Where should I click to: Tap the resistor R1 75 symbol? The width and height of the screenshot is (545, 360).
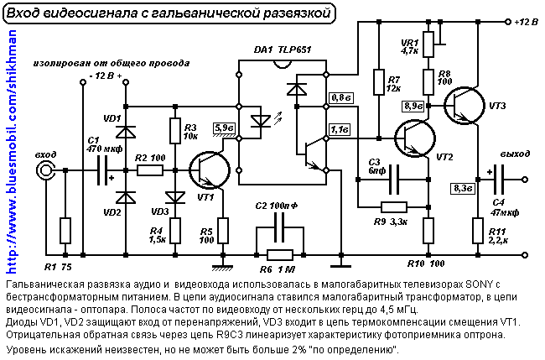[x=65, y=229]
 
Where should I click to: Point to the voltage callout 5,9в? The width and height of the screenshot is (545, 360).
[x=225, y=128]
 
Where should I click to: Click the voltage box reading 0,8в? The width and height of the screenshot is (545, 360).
[x=342, y=98]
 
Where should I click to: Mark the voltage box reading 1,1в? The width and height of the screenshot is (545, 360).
[x=340, y=129]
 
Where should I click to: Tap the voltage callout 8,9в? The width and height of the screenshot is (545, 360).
[x=413, y=106]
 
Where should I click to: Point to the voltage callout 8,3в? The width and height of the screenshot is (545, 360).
[x=462, y=188]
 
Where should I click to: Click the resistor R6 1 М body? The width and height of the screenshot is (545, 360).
[x=279, y=255]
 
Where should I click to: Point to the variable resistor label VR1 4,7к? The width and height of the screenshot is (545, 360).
[x=410, y=45]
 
